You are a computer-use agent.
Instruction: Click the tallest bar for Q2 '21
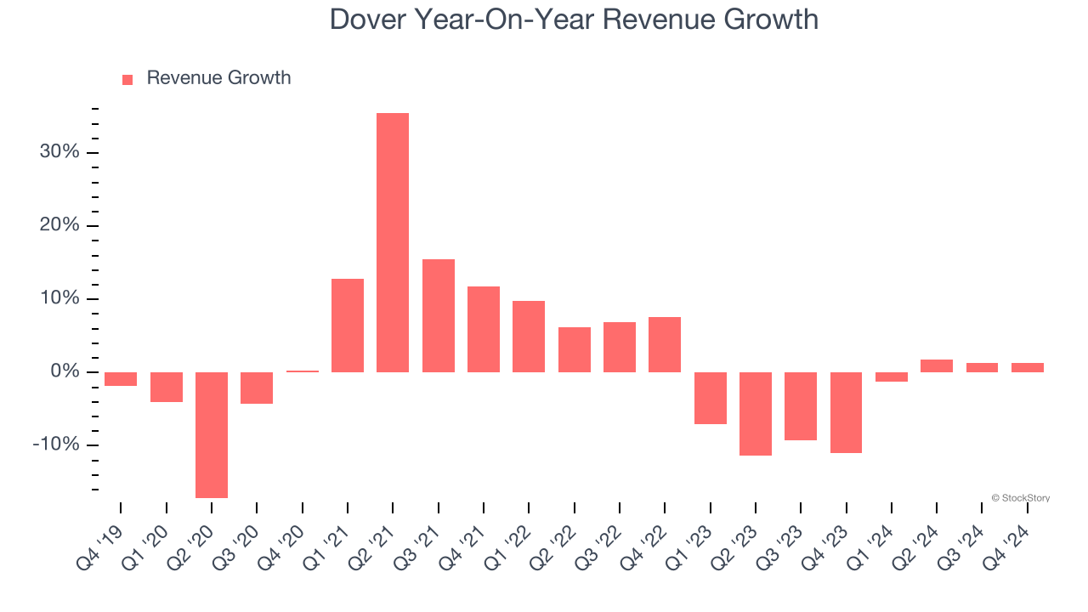tap(393, 242)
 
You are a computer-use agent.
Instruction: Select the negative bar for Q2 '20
tap(212, 434)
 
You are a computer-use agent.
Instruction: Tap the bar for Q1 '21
tap(348, 326)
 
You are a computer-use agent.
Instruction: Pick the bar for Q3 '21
tap(439, 315)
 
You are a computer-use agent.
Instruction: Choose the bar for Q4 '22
tap(665, 344)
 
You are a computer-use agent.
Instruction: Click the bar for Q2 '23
tap(756, 414)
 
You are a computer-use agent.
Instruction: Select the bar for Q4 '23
tap(847, 412)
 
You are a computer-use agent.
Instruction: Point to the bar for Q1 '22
tap(529, 337)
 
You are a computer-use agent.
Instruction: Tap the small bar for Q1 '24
tap(892, 377)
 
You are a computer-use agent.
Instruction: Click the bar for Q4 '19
tap(121, 379)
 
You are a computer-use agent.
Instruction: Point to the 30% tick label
tap(59, 152)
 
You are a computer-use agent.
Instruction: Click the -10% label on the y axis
tap(56, 445)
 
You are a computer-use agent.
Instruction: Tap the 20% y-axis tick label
tap(59, 225)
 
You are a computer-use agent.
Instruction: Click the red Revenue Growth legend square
tap(127, 79)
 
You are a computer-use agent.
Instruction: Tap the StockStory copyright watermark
tap(1020, 498)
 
